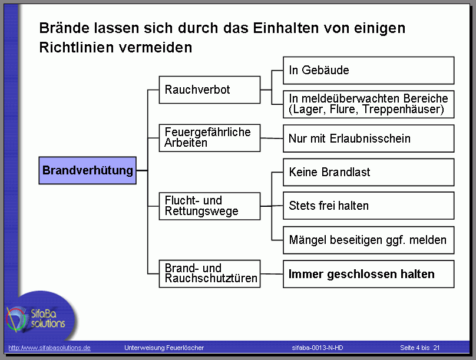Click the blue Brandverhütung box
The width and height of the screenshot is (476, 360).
click(87, 170)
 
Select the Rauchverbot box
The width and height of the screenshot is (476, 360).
click(210, 90)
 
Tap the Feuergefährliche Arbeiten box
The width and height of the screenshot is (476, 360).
click(210, 138)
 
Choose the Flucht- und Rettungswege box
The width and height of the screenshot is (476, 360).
click(210, 206)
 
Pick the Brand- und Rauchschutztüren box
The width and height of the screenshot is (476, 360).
click(210, 274)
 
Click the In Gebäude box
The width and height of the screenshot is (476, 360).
click(369, 71)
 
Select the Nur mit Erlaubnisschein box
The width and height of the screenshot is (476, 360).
click(369, 138)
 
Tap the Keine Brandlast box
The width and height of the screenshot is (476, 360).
click(369, 172)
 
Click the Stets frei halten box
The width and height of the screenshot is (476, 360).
click(369, 206)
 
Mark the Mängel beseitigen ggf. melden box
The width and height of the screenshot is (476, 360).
click(369, 240)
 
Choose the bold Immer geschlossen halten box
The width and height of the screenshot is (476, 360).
click(369, 274)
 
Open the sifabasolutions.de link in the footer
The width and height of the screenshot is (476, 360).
click(49, 348)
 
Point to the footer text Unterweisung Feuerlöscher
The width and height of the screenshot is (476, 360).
click(164, 348)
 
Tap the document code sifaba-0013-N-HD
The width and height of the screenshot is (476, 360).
click(318, 348)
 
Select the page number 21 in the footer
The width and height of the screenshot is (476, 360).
click(436, 348)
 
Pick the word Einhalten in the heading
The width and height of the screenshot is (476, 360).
click(286, 28)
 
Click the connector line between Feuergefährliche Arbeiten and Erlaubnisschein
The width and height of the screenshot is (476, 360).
click(272, 138)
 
